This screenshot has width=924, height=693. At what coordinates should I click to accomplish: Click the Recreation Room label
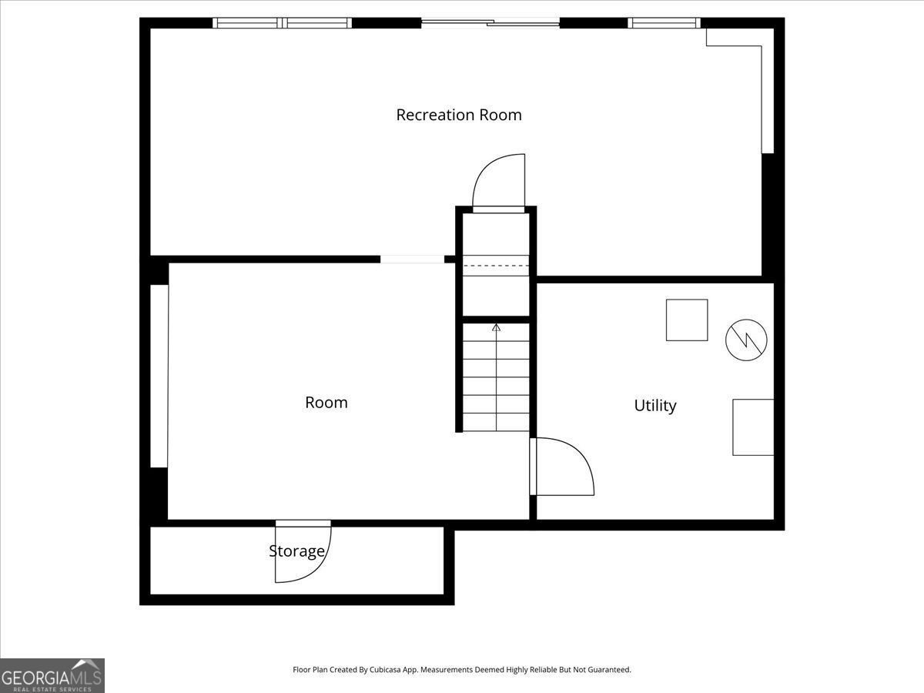pyautogui.click(x=459, y=115)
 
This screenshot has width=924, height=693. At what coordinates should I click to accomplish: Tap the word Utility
pyautogui.click(x=655, y=405)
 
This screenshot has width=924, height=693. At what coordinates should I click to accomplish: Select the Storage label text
pyautogui.click(x=296, y=551)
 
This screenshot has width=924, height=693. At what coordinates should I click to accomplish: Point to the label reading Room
pyautogui.click(x=326, y=402)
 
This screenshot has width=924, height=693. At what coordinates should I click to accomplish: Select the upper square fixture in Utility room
pyautogui.click(x=687, y=320)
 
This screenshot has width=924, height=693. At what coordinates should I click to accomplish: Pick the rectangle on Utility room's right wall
pyautogui.click(x=753, y=427)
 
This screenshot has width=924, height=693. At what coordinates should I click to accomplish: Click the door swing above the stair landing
pyautogui.click(x=499, y=182)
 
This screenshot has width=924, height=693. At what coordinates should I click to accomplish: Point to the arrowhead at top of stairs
pyautogui.click(x=497, y=328)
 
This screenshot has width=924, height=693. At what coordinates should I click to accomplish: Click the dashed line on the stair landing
pyautogui.click(x=497, y=266)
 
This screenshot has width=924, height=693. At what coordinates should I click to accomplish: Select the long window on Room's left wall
pyautogui.click(x=159, y=376)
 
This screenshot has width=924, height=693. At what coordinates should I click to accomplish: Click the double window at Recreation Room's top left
pyautogui.click(x=282, y=23)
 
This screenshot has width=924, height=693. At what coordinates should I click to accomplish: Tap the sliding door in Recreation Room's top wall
pyautogui.click(x=490, y=23)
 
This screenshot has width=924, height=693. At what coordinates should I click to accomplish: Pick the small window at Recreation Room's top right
pyautogui.click(x=665, y=23)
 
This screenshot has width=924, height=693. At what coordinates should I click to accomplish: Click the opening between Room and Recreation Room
pyautogui.click(x=412, y=259)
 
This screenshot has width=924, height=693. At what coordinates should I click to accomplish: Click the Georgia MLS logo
pyautogui.click(x=52, y=675)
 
